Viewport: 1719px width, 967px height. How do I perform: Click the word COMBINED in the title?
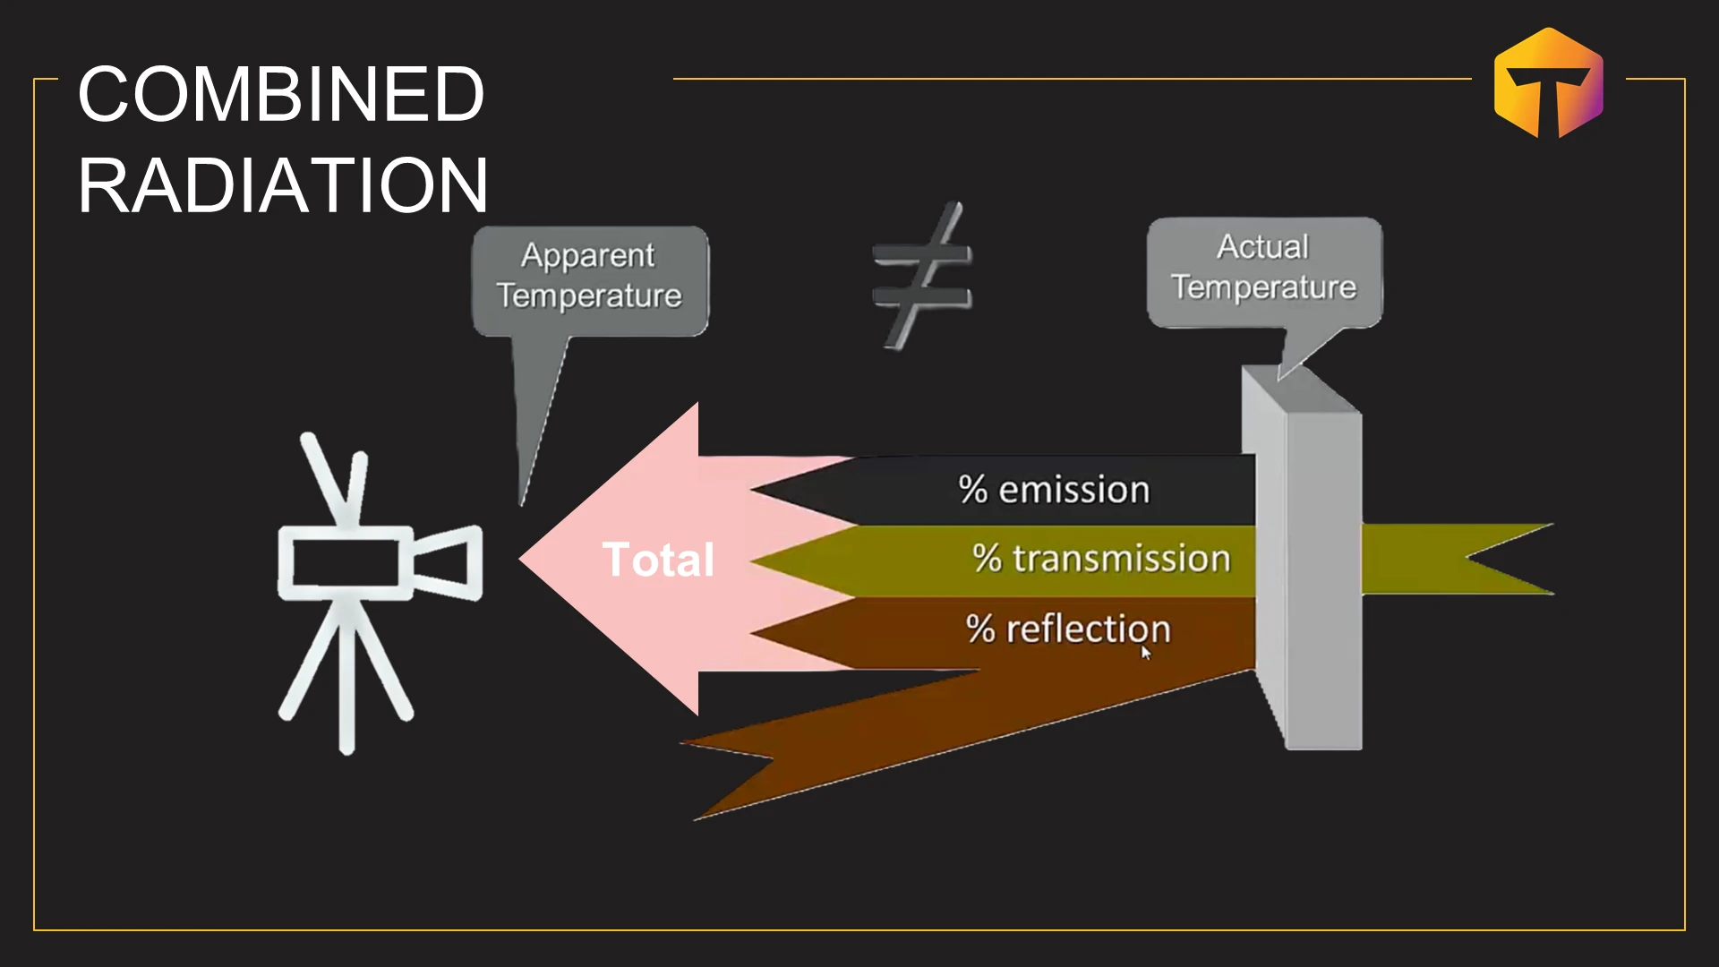[281, 94]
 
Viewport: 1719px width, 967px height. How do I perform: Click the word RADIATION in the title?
[283, 185]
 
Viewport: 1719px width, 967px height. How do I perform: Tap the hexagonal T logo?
[1549, 82]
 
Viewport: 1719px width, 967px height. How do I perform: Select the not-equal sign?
[922, 275]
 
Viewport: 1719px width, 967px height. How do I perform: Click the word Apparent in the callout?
[588, 256]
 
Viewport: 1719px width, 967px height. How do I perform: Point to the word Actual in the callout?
[1263, 246]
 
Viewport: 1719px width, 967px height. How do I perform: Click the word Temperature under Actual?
[1263, 287]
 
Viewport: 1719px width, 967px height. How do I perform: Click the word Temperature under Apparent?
[589, 295]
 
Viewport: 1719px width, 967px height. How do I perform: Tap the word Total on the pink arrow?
[658, 560]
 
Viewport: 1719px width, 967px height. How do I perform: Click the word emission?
[1073, 490]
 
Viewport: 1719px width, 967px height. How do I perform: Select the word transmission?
[1122, 559]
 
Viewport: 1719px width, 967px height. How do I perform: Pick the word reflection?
[1089, 629]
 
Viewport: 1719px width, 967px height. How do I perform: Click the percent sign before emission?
[972, 490]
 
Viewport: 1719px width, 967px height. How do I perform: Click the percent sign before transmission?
[987, 558]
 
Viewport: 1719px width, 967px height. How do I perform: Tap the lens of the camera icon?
[449, 561]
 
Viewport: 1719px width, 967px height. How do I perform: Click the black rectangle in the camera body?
[346, 563]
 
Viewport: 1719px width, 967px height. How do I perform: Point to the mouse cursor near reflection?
[1145, 653]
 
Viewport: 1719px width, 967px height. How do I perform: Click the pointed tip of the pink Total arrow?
[521, 560]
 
